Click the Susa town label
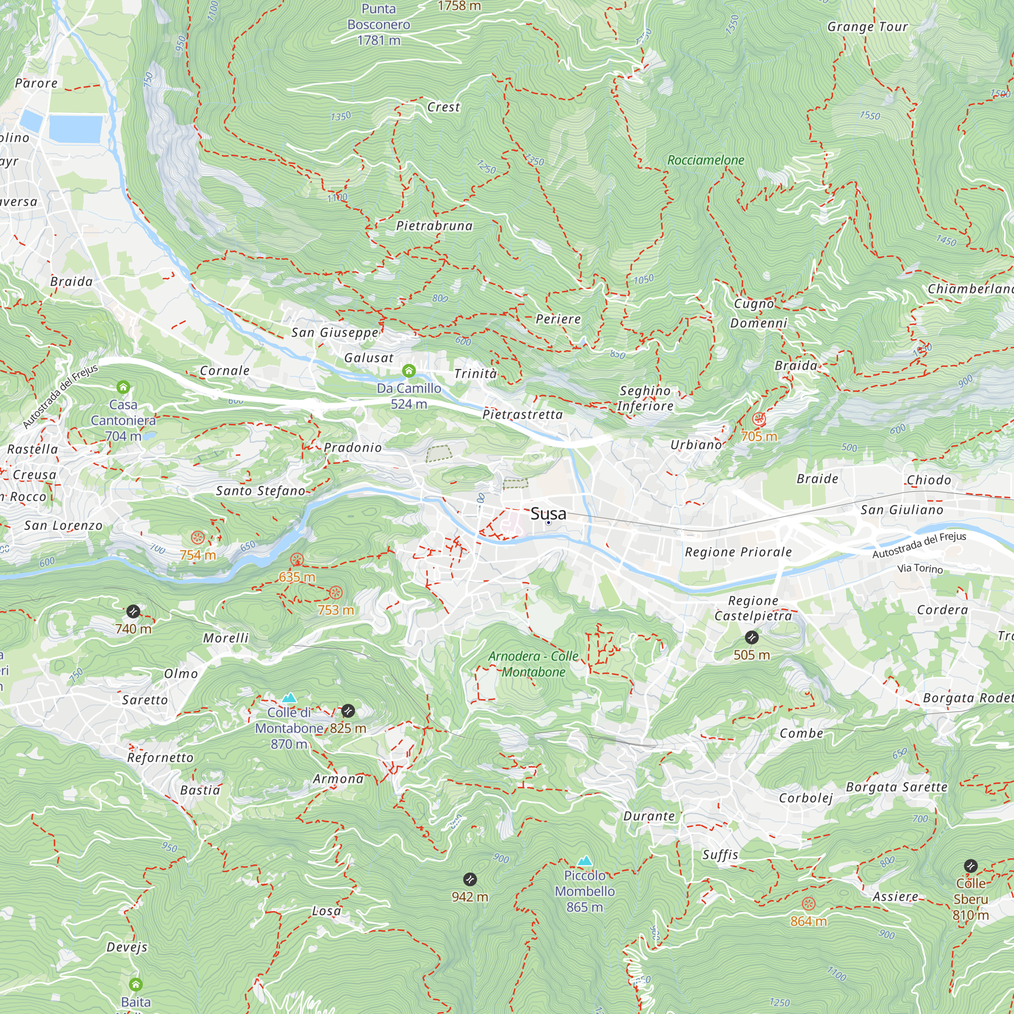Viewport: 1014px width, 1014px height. (548, 513)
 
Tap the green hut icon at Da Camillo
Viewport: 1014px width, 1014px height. (409, 372)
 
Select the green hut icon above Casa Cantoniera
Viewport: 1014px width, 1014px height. (123, 387)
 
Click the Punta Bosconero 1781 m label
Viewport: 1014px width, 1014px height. (378, 24)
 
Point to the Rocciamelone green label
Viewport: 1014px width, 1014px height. (705, 160)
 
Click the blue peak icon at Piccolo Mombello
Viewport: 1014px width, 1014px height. (585, 861)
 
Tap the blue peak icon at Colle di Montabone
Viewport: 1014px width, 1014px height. (289, 698)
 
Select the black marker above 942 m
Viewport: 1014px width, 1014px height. (470, 879)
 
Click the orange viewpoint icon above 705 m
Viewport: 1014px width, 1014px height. (759, 419)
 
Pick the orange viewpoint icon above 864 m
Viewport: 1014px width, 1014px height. (808, 903)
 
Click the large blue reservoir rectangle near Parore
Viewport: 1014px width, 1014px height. (75, 129)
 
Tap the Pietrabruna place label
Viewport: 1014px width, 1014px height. (434, 226)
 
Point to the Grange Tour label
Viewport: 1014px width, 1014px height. (867, 27)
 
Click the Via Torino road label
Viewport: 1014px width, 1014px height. (920, 568)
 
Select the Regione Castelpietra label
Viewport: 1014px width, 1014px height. (753, 608)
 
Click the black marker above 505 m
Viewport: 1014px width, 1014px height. (751, 638)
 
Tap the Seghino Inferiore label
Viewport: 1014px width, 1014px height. (645, 399)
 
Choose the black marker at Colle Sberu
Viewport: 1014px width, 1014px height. (970, 866)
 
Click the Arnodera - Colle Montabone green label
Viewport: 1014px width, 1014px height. (533, 664)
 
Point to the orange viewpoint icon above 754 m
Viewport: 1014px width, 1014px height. (198, 537)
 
